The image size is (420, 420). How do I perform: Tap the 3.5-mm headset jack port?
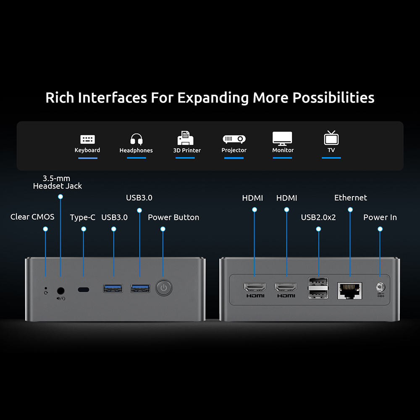[61, 290]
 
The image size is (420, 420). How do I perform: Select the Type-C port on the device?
[84, 289]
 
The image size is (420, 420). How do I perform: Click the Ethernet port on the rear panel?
[349, 290]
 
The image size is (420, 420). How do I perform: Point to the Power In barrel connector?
[380, 287]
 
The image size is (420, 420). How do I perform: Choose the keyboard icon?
[87, 139]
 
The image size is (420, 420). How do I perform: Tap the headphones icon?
[136, 139]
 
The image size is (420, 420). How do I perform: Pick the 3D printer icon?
[185, 138]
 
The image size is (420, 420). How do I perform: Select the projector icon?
[234, 139]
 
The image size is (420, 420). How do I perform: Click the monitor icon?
[282, 139]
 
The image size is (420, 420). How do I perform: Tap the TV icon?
[331, 138]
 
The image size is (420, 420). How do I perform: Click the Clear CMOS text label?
[32, 217]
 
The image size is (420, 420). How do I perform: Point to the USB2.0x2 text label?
[318, 218]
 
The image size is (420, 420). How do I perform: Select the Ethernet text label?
[351, 198]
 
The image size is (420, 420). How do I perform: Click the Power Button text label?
[173, 218]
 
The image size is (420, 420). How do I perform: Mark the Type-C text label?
[83, 218]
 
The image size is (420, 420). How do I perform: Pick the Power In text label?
[380, 218]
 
